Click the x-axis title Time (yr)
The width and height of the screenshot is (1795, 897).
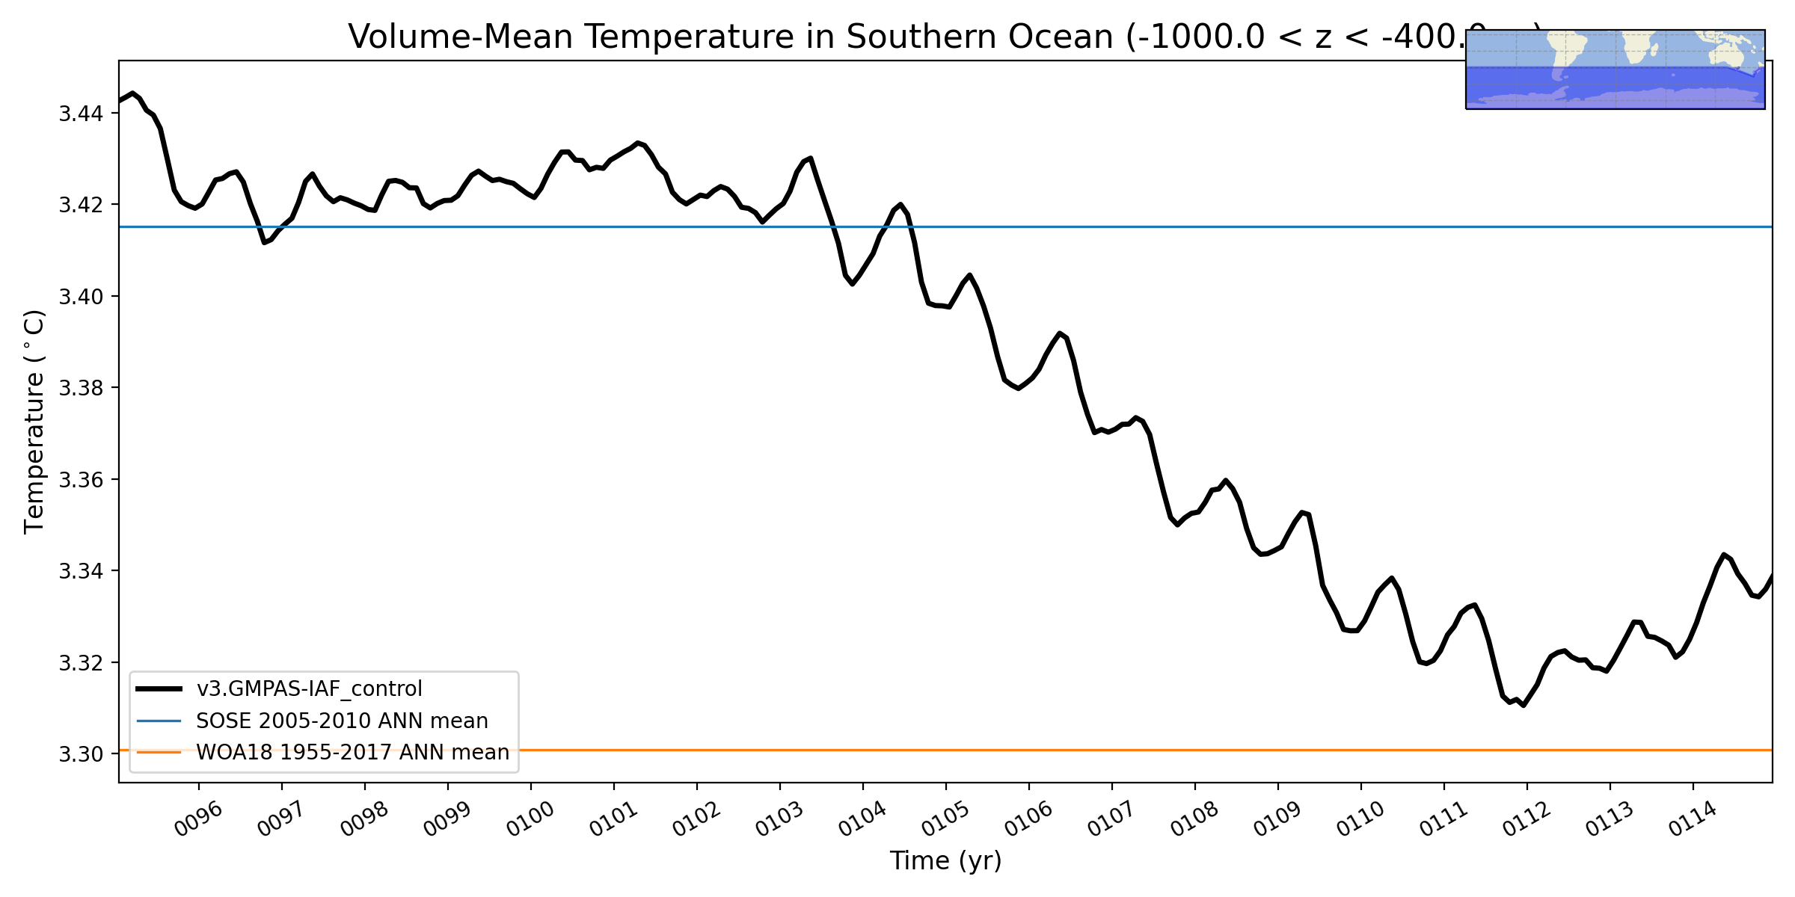(945, 861)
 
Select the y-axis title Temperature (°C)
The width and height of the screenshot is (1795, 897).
(34, 422)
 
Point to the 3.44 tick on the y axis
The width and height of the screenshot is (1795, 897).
(81, 114)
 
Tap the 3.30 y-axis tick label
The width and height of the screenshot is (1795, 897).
(81, 754)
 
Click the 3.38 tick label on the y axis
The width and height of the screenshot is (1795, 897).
(81, 388)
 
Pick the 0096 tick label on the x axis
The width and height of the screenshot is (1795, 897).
(199, 819)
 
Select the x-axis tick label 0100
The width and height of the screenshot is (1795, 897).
(531, 819)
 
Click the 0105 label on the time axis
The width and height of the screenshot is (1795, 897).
(946, 819)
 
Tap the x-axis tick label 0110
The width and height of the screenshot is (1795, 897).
(1361, 819)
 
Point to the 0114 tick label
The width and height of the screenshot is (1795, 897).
(1693, 819)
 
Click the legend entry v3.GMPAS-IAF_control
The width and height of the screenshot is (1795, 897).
(309, 688)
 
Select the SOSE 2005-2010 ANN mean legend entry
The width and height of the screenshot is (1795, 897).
(342, 721)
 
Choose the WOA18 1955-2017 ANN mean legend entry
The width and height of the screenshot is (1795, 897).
(352, 752)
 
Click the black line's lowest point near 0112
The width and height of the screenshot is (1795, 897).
(1524, 706)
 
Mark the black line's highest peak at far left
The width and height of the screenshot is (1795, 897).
(132, 93)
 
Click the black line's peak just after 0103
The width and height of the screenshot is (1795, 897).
(811, 158)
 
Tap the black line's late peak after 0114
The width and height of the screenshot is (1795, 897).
(1723, 554)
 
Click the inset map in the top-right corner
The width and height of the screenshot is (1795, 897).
(1615, 70)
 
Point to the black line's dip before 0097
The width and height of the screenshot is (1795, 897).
(264, 243)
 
